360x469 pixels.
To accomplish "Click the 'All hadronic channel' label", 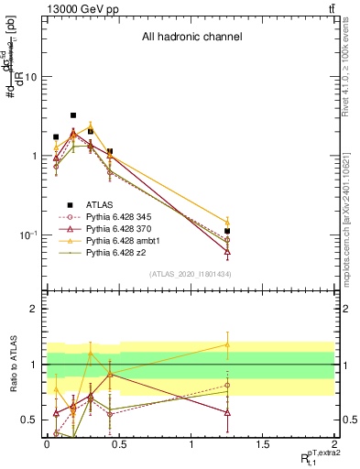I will pyautogui.click(x=191, y=38).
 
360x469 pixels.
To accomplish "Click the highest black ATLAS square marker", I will pyautogui.click(x=73, y=115).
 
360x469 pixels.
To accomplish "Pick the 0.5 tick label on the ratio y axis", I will pyautogui.click(x=28, y=420).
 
